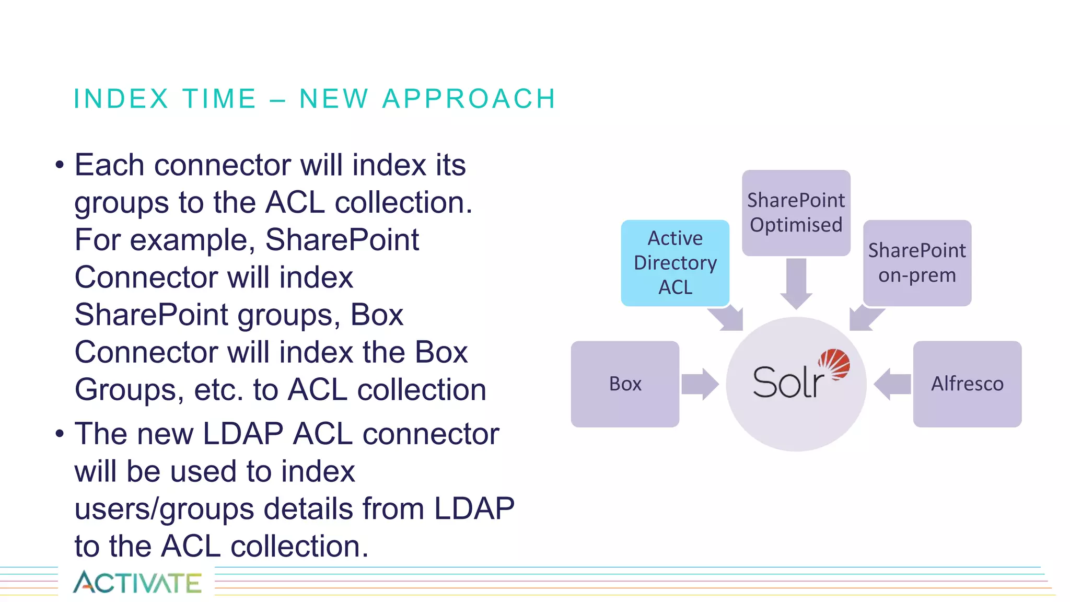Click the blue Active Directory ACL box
click(x=675, y=262)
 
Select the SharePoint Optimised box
click(x=796, y=212)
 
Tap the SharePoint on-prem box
click(x=917, y=262)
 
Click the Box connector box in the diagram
click(x=625, y=384)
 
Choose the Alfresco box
click(x=967, y=384)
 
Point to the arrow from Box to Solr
click(x=700, y=384)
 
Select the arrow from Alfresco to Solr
click(x=892, y=384)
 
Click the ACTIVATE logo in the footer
click(x=137, y=582)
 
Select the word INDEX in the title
click(x=121, y=99)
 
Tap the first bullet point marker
click(x=60, y=165)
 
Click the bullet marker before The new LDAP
click(x=60, y=434)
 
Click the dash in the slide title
click(x=278, y=99)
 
